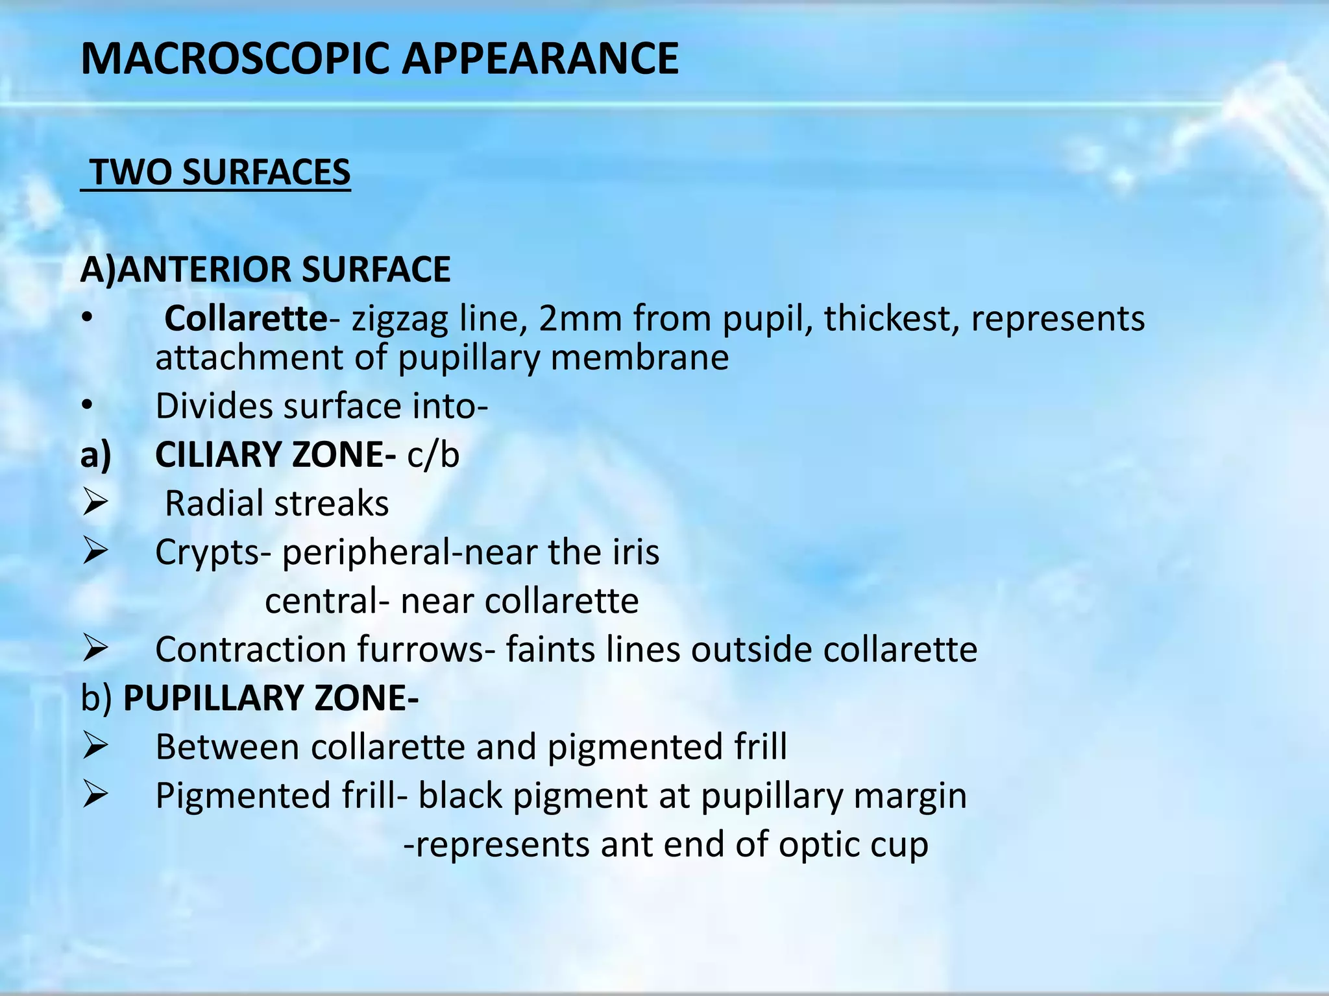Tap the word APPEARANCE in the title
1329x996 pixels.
coord(540,59)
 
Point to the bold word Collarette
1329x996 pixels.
coord(245,318)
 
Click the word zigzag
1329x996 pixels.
coord(399,320)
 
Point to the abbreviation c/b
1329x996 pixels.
coord(433,455)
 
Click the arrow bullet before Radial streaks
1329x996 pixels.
coord(95,503)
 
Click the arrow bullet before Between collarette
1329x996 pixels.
coord(95,746)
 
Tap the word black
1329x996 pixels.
coord(459,796)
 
